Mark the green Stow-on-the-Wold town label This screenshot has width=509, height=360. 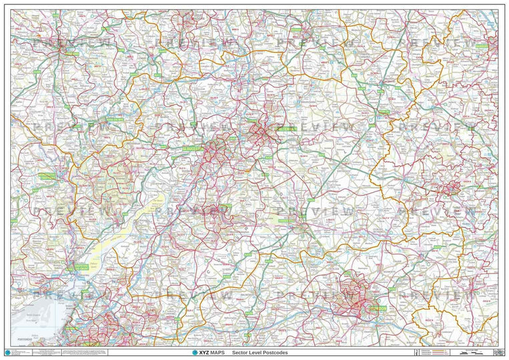pyautogui.click(x=382, y=114)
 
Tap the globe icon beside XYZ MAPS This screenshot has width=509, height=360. pyautogui.click(x=186, y=352)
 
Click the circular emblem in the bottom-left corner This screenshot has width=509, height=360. pyautogui.click(x=7, y=352)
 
